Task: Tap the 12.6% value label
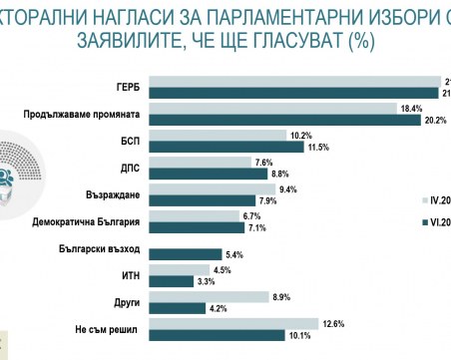332,322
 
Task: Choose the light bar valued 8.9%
223,295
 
